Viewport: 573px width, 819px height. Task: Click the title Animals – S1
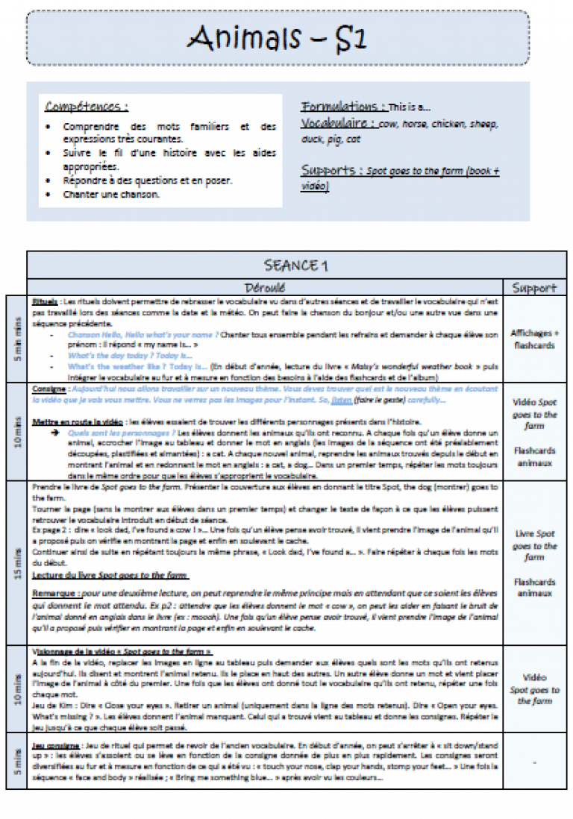277,37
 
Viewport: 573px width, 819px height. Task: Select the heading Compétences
86,107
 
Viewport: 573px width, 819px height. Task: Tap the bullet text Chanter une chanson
112,195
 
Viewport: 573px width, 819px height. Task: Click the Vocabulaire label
339,123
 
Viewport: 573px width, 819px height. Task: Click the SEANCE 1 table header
296,266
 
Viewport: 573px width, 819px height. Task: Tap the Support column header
534,286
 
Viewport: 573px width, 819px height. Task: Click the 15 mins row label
16,563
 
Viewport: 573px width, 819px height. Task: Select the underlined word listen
341,400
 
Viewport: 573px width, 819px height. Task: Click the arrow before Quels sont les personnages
55,432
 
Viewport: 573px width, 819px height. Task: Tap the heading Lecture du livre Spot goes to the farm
110,575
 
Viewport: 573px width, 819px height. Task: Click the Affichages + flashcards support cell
534,339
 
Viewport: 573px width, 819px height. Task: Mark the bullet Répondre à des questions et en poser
147,181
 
